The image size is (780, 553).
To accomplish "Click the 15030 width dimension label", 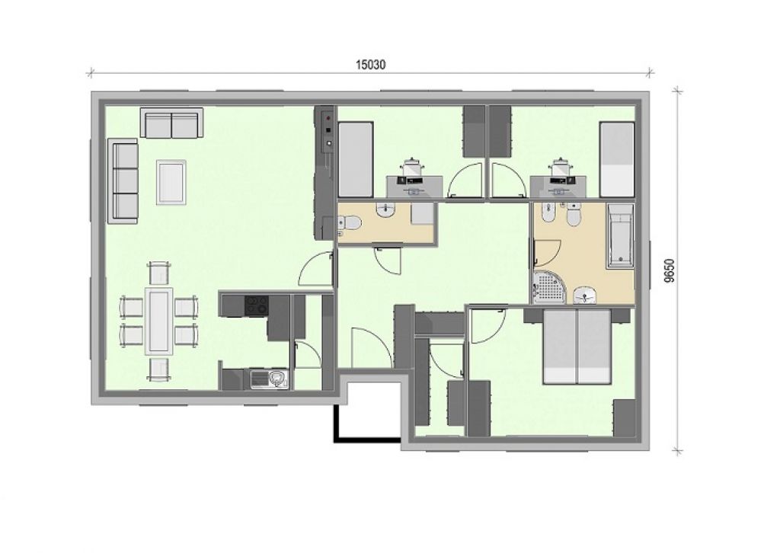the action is (x=371, y=65).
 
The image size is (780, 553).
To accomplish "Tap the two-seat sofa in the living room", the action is (x=171, y=123).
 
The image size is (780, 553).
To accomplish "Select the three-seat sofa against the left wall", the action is (x=123, y=181).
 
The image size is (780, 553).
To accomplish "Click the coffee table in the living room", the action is (x=171, y=182).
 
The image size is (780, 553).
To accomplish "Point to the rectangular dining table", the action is (x=159, y=320).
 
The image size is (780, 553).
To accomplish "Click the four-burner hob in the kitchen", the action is (x=257, y=305).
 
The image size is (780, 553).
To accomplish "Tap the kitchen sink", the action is (x=269, y=379).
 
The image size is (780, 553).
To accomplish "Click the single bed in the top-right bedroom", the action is (x=617, y=160).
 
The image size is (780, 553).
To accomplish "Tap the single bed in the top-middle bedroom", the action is (x=356, y=160).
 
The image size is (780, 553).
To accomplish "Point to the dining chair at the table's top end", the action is (x=159, y=273).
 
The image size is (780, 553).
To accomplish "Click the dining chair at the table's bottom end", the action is (x=159, y=369).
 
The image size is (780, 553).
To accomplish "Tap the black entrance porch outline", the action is (x=367, y=439).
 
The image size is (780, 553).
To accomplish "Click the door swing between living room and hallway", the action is (x=316, y=269).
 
